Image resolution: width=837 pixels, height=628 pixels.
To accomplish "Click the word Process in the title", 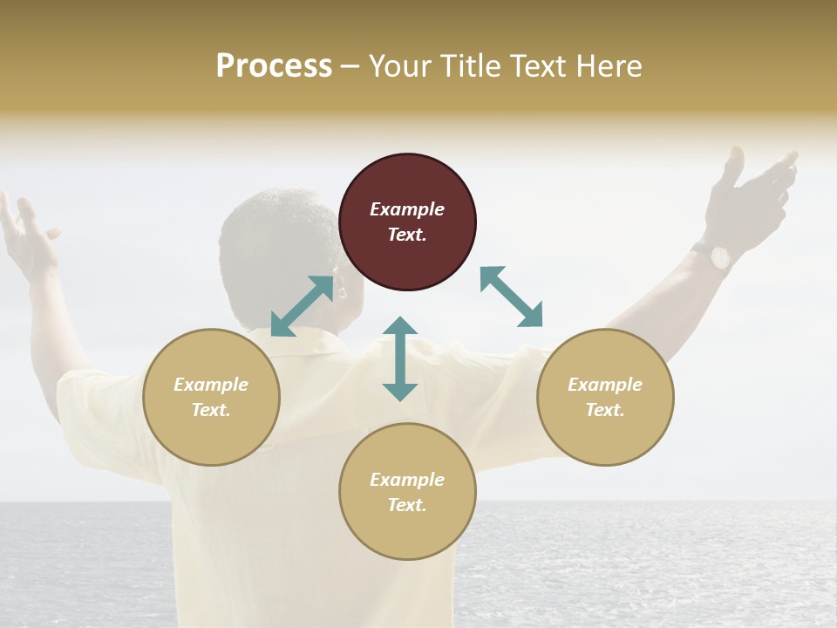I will pyautogui.click(x=274, y=66).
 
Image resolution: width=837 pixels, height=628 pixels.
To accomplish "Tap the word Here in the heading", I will pyautogui.click(x=608, y=66).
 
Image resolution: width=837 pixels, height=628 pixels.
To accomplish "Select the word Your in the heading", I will pyautogui.click(x=398, y=66).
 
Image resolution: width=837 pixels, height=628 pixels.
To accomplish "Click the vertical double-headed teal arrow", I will pyautogui.click(x=400, y=358).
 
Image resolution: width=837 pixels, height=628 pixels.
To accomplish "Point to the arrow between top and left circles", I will pyautogui.click(x=302, y=306).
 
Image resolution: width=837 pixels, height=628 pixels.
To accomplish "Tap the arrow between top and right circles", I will pyautogui.click(x=511, y=297).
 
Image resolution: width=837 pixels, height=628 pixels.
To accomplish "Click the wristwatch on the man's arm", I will pyautogui.click(x=720, y=256).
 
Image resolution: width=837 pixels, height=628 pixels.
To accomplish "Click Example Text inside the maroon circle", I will pyautogui.click(x=407, y=222).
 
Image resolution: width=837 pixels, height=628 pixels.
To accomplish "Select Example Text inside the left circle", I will pyautogui.click(x=211, y=397).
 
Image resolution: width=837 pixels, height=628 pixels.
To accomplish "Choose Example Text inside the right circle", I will pyautogui.click(x=605, y=397).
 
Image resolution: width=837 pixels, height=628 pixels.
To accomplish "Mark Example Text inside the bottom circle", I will pyautogui.click(x=407, y=492).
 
